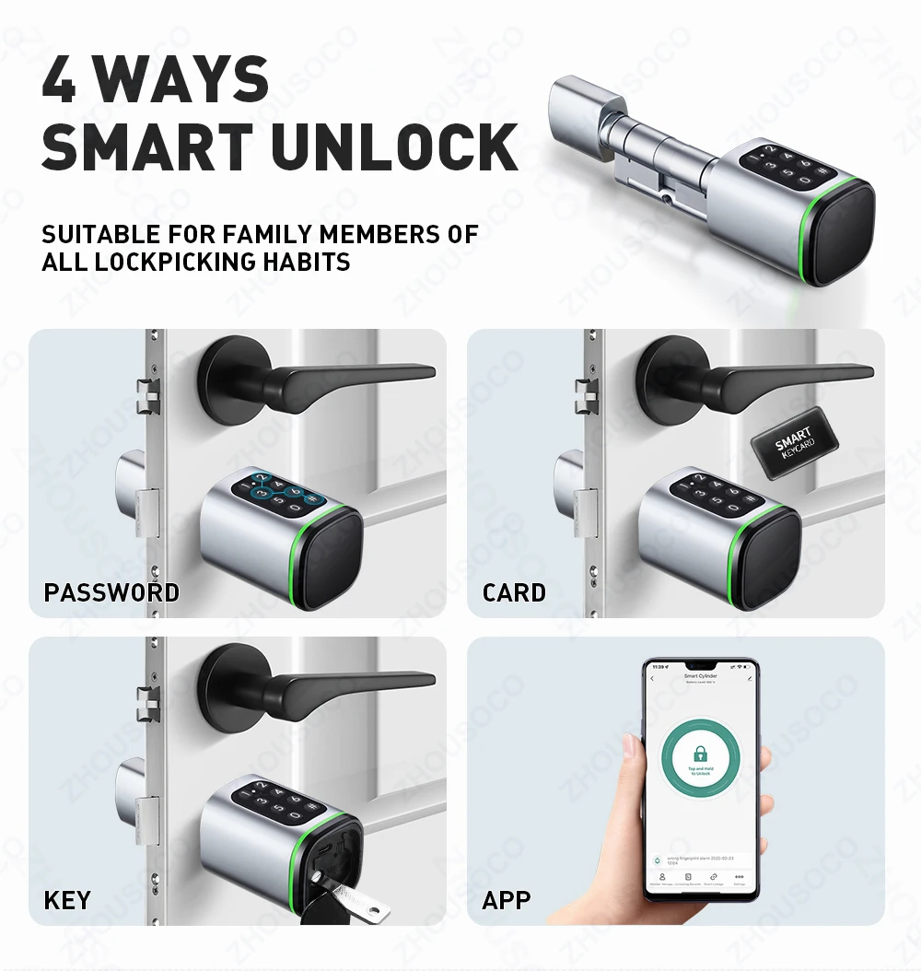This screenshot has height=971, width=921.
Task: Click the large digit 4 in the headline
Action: pos(59,80)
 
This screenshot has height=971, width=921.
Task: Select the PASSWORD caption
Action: pos(111,592)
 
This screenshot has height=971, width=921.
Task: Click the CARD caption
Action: pos(514,592)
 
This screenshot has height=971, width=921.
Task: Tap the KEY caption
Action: pos(67,899)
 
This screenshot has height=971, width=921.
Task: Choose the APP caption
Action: pos(507,899)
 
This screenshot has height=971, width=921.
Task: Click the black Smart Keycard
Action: pos(794,443)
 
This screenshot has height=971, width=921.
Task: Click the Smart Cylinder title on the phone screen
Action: pos(700,675)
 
